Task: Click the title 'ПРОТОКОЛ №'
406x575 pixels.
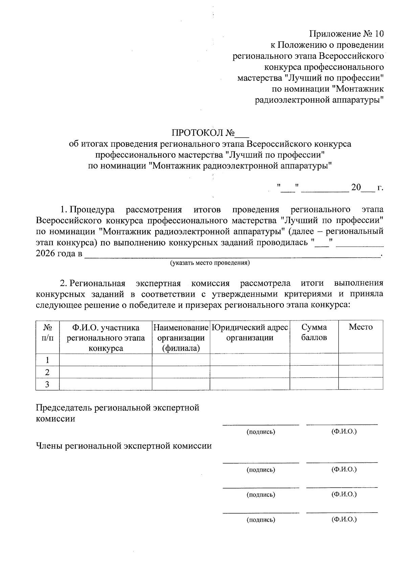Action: [x=203, y=132]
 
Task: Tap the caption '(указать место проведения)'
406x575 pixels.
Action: [x=210, y=263]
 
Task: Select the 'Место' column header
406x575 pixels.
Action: [x=361, y=327]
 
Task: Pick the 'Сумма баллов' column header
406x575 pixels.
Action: [x=314, y=332]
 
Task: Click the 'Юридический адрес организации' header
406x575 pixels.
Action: [x=250, y=332]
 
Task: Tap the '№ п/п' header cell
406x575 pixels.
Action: [x=47, y=332]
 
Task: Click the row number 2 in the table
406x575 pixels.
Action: [x=47, y=372]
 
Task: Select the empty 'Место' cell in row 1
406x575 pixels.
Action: [x=361, y=359]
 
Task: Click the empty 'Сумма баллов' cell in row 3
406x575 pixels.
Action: [x=314, y=384]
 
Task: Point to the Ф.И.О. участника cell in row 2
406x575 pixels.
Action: [x=106, y=372]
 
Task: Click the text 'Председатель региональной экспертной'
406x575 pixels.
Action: [x=117, y=407]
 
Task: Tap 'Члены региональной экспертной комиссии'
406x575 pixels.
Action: [x=124, y=446]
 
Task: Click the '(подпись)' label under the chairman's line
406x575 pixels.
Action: [x=261, y=432]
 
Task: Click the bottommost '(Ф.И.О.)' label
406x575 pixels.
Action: [x=344, y=519]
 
